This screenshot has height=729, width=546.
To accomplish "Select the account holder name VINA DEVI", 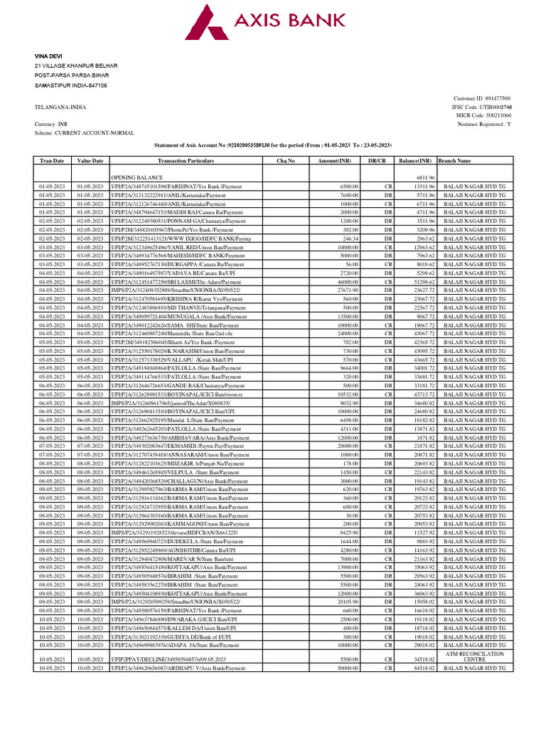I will pyautogui.click(x=48, y=56).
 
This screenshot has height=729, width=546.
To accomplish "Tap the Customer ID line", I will pyautogui.click(x=481, y=98).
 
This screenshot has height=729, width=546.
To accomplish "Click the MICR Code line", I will pyautogui.click(x=484, y=115).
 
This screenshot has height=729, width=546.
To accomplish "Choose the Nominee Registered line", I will pyautogui.click(x=484, y=124).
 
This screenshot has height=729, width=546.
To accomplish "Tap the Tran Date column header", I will pyautogui.click(x=52, y=162).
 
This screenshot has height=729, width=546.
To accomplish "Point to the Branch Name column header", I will pyautogui.click(x=455, y=162).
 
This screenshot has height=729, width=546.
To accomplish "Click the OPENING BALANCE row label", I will pyautogui.click(x=136, y=177).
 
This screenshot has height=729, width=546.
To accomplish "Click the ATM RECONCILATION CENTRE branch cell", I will pyautogui.click(x=474, y=656).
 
